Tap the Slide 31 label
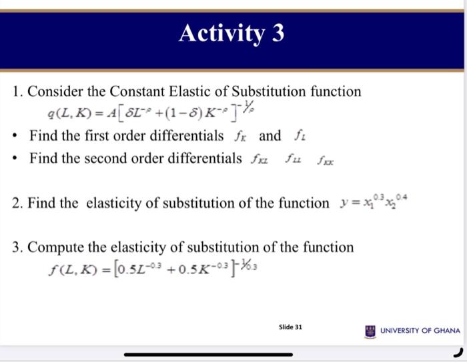(x=290, y=327)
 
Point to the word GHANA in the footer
(x=446, y=331)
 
